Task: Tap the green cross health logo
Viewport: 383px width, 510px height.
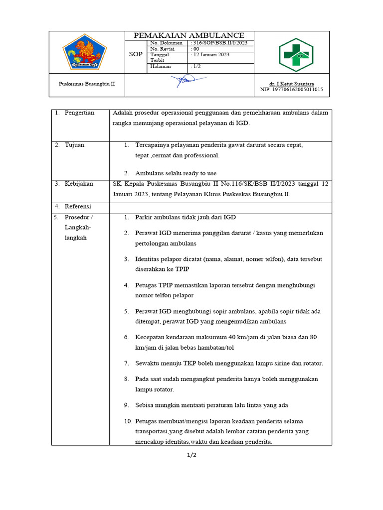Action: pyautogui.click(x=295, y=55)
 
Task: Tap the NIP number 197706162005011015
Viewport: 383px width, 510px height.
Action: pyautogui.click(x=291, y=90)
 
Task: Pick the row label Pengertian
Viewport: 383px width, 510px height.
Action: pyautogui.click(x=79, y=113)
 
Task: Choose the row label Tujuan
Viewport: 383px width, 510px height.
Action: pyautogui.click(x=74, y=145)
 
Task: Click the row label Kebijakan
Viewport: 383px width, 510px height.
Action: pyautogui.click(x=79, y=184)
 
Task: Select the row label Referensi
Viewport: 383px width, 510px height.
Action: pyautogui.click(x=78, y=206)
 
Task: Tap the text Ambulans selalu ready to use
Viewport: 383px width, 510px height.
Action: pyautogui.click(x=176, y=173)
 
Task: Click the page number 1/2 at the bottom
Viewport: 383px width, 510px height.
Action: pyautogui.click(x=192, y=455)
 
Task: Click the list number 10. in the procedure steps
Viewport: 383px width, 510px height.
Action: pyautogui.click(x=128, y=421)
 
